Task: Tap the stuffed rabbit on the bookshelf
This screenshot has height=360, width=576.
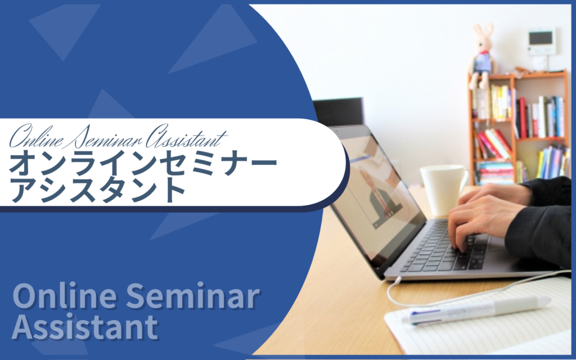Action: point(482,55)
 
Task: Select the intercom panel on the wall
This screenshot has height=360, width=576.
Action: point(541,42)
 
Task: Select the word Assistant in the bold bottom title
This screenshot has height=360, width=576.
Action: point(85,327)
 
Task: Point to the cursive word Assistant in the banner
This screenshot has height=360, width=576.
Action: point(186,137)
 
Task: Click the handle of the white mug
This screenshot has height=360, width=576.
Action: point(463,179)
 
